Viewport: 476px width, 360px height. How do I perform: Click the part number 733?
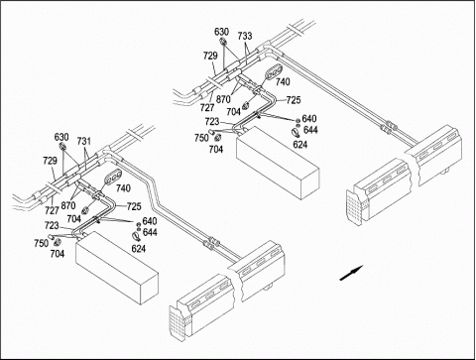[x=245, y=36]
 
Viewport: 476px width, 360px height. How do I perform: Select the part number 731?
[x=84, y=141]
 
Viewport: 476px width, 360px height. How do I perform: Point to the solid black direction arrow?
[x=351, y=273]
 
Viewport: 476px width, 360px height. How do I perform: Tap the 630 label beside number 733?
[x=221, y=32]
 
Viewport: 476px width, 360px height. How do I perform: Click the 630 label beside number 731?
[x=61, y=137]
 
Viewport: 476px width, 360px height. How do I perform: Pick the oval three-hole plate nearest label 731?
[x=113, y=177]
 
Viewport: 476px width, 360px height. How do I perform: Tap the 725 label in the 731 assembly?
[x=134, y=206]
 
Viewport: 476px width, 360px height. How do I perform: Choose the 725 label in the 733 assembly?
[x=294, y=100]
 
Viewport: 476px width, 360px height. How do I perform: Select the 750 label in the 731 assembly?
[x=41, y=243]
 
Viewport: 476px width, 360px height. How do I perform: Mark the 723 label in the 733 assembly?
[x=212, y=121]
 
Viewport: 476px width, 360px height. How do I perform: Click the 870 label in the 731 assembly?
[x=68, y=205]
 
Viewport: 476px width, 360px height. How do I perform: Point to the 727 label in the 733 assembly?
[x=207, y=107]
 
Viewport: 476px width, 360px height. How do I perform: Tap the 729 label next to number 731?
[x=50, y=161]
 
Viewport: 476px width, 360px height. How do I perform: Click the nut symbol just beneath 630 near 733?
[x=223, y=42]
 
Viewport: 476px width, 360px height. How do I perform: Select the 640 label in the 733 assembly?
[x=309, y=118]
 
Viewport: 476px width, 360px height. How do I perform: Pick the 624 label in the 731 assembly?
[x=139, y=249]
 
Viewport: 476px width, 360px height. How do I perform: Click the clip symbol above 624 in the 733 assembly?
[x=296, y=133]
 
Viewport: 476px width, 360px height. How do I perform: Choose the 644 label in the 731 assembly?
[x=150, y=232]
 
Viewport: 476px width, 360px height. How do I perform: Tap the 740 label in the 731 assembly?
[x=123, y=188]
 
